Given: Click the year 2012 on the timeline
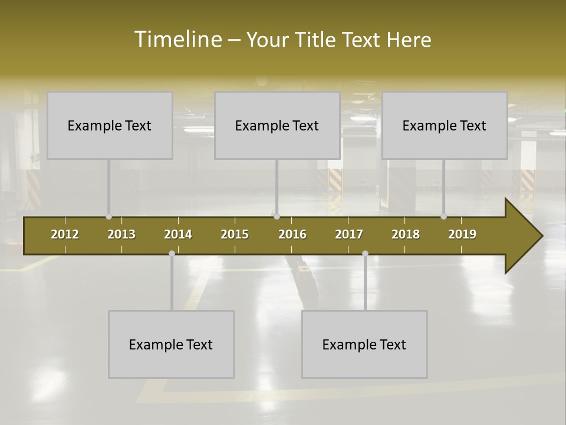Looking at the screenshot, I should coord(65,234).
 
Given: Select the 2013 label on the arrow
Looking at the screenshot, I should coord(121,234).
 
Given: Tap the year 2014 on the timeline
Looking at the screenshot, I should coord(178,234).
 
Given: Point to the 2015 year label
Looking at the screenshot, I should coord(235,234).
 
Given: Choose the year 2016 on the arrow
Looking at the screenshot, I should coord(292,234).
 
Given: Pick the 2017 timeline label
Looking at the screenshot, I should coord(349,234).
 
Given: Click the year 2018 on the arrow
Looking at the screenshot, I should coord(406,234).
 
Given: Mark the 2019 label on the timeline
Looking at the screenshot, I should coord(462,234).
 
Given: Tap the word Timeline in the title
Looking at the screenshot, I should coord(178,39).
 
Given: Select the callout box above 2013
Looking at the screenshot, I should coord(110,125).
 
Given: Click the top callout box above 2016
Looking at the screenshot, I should coord(277,125).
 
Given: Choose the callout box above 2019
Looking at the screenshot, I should coord(445,125).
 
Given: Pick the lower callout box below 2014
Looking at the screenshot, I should coord(171,344).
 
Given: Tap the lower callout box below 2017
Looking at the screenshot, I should coord(364,344).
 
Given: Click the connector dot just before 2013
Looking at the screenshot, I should coord(109,217).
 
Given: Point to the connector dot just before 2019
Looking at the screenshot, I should coord(444,217).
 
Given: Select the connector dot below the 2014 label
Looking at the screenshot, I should coord(172,253).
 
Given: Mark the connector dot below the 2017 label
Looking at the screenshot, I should coord(365,253).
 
